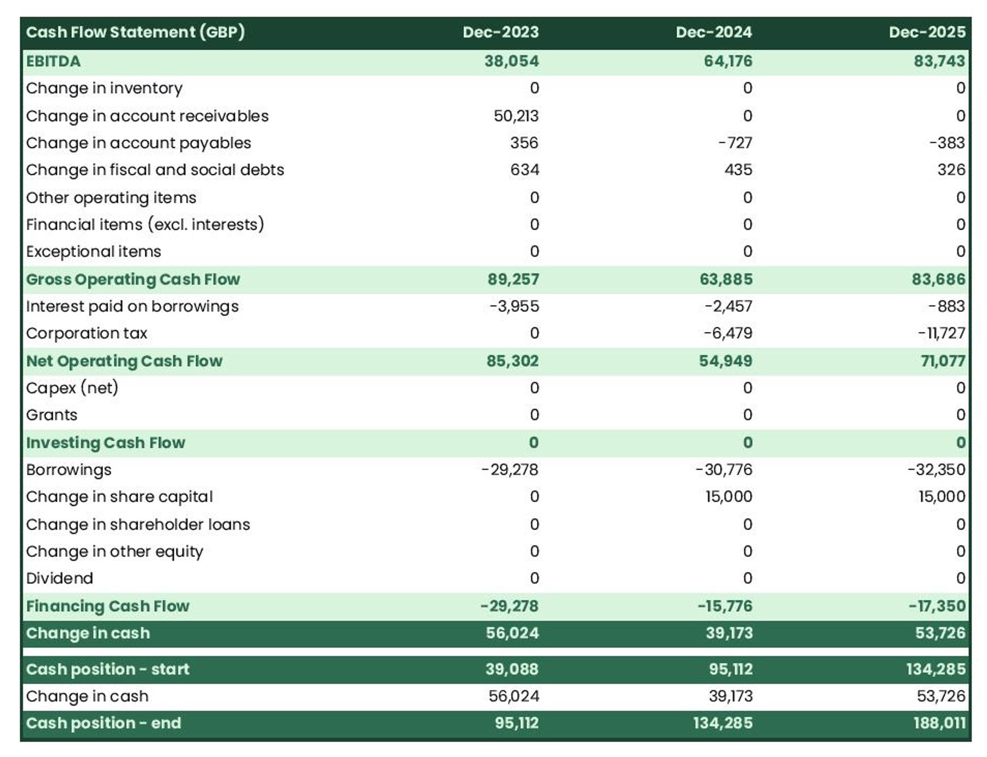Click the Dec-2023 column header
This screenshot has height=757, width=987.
500,32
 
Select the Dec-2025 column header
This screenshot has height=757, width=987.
927,32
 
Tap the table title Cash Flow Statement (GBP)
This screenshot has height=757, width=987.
135,32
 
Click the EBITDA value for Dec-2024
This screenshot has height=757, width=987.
728,61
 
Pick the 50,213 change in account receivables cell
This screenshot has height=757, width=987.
516,116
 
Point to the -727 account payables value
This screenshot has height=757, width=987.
735,143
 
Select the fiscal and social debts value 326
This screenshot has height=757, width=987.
951,169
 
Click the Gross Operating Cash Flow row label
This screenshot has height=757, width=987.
133,279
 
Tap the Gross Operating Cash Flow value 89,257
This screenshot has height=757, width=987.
513,279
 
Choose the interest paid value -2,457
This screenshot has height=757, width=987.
728,306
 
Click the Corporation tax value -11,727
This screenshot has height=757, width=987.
941,333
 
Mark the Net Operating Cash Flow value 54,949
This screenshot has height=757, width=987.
725,361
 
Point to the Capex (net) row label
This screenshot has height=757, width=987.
72,388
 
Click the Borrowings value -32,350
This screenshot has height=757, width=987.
936,469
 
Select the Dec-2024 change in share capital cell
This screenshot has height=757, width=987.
728,497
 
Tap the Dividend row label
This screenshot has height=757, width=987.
59,578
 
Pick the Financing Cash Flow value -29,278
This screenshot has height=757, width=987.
509,606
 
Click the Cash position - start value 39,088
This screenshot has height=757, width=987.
512,669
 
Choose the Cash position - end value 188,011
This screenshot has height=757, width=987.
939,723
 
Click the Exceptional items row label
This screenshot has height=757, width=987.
93,251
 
